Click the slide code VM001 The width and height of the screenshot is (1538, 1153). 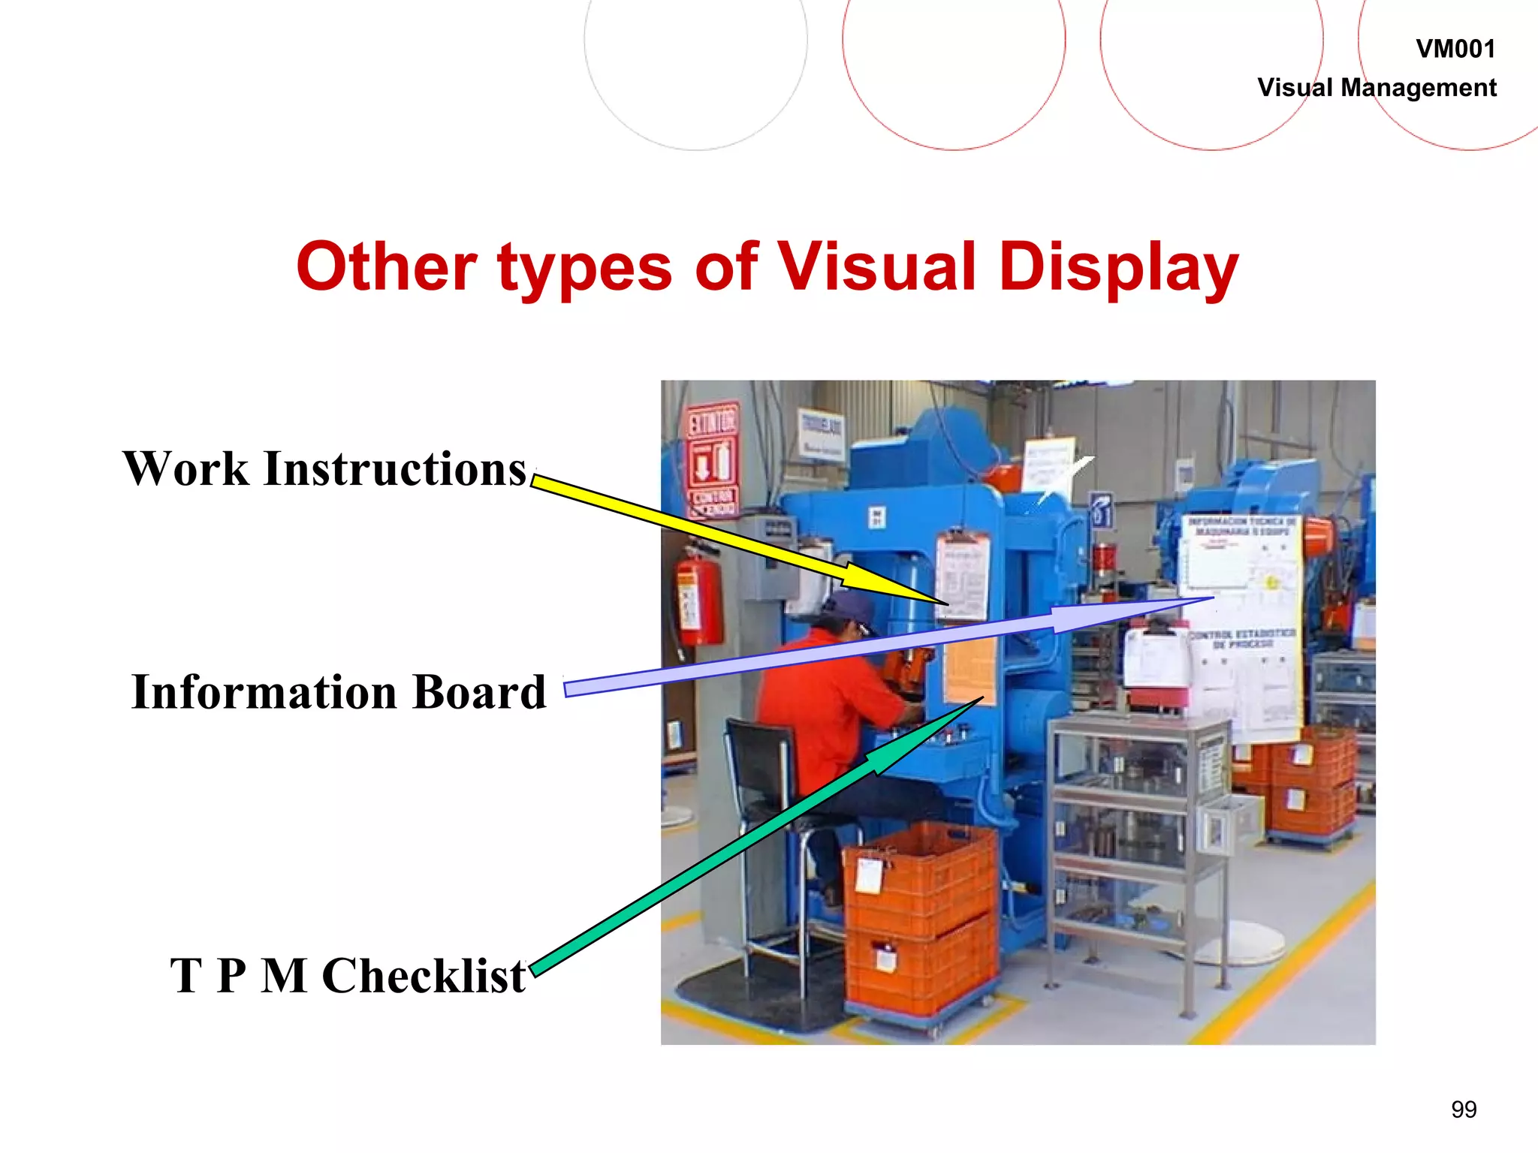point(1455,49)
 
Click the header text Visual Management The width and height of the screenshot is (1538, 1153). point(1376,88)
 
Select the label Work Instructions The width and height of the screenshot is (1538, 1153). point(324,469)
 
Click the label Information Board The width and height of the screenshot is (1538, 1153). point(338,692)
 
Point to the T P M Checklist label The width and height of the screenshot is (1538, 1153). point(347,976)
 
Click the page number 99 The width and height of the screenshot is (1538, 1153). point(1464,1109)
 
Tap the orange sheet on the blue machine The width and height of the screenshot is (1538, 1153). point(970,668)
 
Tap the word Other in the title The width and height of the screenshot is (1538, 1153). point(386,267)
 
